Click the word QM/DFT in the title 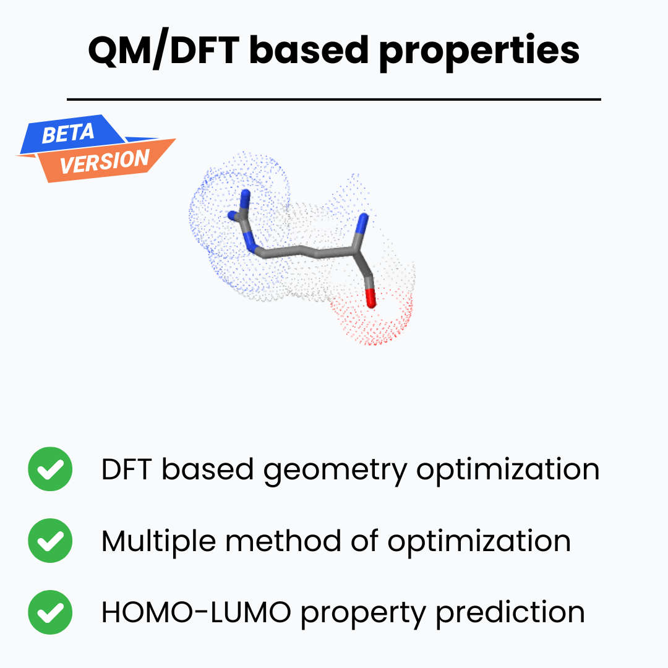tap(162, 51)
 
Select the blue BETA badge tap(68, 133)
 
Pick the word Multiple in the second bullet tap(158, 542)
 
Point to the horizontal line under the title tap(334, 99)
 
